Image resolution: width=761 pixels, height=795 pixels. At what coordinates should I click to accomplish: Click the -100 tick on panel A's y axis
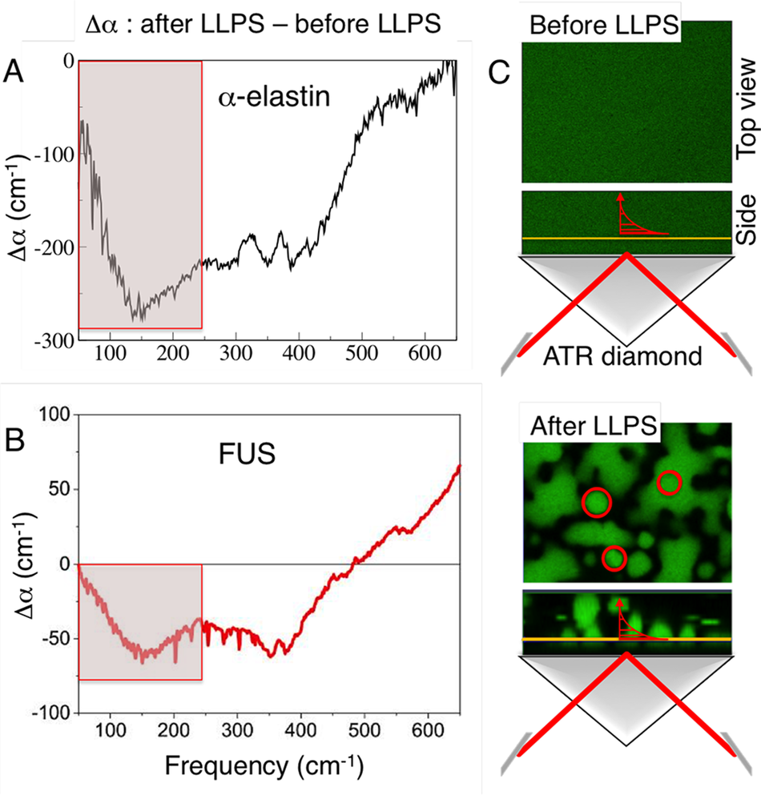(52, 155)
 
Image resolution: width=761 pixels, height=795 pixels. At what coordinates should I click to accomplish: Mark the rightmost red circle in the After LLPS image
(670, 483)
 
